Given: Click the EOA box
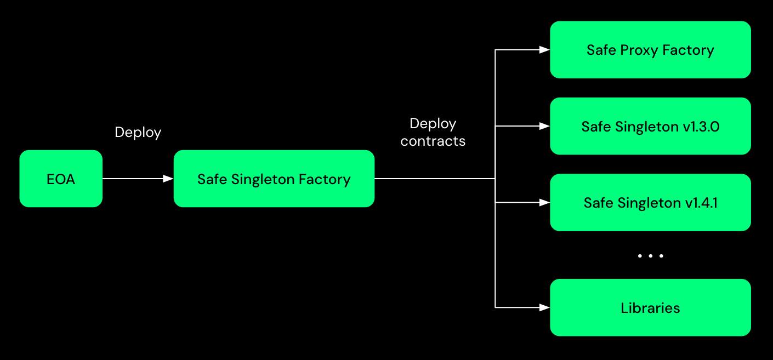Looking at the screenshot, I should (61, 179).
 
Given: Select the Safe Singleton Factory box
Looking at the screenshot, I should (274, 179).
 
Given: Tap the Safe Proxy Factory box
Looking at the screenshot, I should (650, 50).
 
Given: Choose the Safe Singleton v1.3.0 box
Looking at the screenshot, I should (650, 126).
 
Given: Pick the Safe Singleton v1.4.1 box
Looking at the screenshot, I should (650, 203).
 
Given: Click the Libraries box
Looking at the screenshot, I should (650, 307).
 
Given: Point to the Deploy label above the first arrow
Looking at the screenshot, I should (138, 133).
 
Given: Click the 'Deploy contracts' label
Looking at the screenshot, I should (433, 132).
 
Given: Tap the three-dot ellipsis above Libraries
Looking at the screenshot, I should (650, 256).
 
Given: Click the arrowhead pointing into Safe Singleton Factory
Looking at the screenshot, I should (168, 179).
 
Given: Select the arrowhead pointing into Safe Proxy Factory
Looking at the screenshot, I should (544, 50).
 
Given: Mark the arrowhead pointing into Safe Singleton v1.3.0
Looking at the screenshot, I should (544, 126).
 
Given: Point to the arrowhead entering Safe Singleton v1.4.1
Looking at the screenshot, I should (544, 203).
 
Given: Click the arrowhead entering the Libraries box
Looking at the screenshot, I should (544, 307).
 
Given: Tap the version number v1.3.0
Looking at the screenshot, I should (701, 127).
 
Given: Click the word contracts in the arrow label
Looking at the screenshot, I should (433, 141).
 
